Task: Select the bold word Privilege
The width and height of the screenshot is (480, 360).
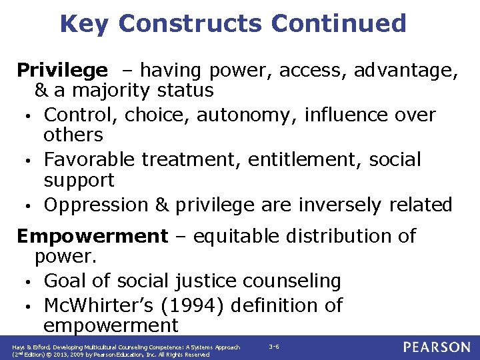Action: (x=61, y=70)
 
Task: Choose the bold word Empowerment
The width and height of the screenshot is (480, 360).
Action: (x=92, y=236)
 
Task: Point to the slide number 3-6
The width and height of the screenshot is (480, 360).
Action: (x=274, y=347)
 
